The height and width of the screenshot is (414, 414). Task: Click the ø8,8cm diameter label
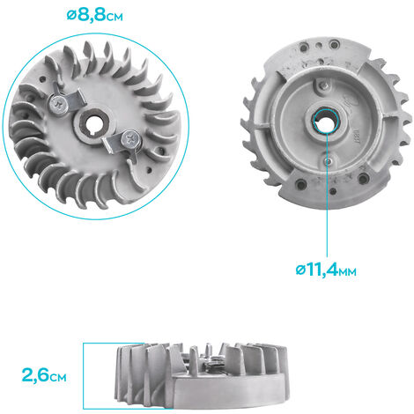(x=100, y=16)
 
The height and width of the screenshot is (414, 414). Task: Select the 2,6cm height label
(x=45, y=376)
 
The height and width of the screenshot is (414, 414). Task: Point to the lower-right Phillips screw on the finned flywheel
(x=130, y=137)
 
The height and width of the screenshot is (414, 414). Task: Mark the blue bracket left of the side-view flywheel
(x=85, y=374)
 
